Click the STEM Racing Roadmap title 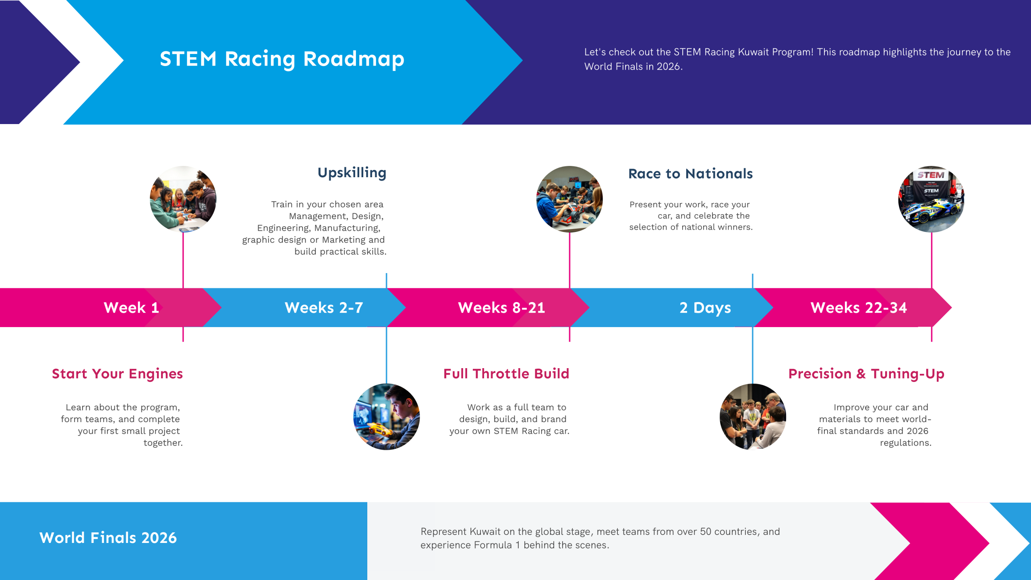click(x=282, y=59)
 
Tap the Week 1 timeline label click(x=131, y=308)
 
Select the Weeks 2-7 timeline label click(x=324, y=308)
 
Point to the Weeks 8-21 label click(x=501, y=308)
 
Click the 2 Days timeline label click(x=705, y=308)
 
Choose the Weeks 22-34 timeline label click(x=859, y=308)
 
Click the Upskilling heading click(x=352, y=173)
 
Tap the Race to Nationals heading click(x=690, y=174)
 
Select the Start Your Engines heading click(x=117, y=374)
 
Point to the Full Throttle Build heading click(x=506, y=374)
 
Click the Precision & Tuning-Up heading click(x=866, y=374)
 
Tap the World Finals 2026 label click(x=108, y=538)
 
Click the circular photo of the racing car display click(x=931, y=199)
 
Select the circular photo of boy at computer click(x=387, y=417)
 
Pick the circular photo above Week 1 click(x=183, y=199)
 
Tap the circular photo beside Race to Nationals click(x=569, y=199)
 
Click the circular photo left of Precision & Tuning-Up click(x=753, y=417)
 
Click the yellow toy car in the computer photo click(x=379, y=430)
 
